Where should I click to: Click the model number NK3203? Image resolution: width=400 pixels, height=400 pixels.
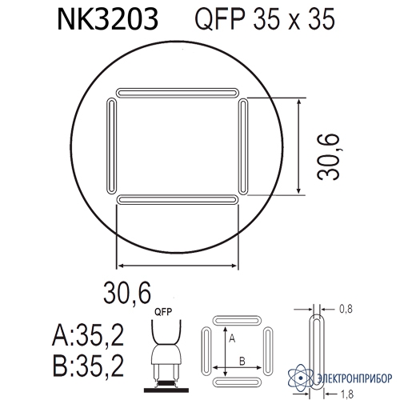(108, 19)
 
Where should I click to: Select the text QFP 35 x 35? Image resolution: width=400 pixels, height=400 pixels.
(265, 19)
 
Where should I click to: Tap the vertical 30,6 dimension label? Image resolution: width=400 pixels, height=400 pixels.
(328, 157)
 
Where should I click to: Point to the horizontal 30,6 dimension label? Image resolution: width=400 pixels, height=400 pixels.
(127, 293)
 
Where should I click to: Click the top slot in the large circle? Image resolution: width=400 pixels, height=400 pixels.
(177, 93)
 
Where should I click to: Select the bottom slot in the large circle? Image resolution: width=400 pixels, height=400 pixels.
(177, 200)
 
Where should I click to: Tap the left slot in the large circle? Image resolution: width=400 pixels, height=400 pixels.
(112, 146)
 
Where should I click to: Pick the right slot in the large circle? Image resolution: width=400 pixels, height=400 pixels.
(243, 146)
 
